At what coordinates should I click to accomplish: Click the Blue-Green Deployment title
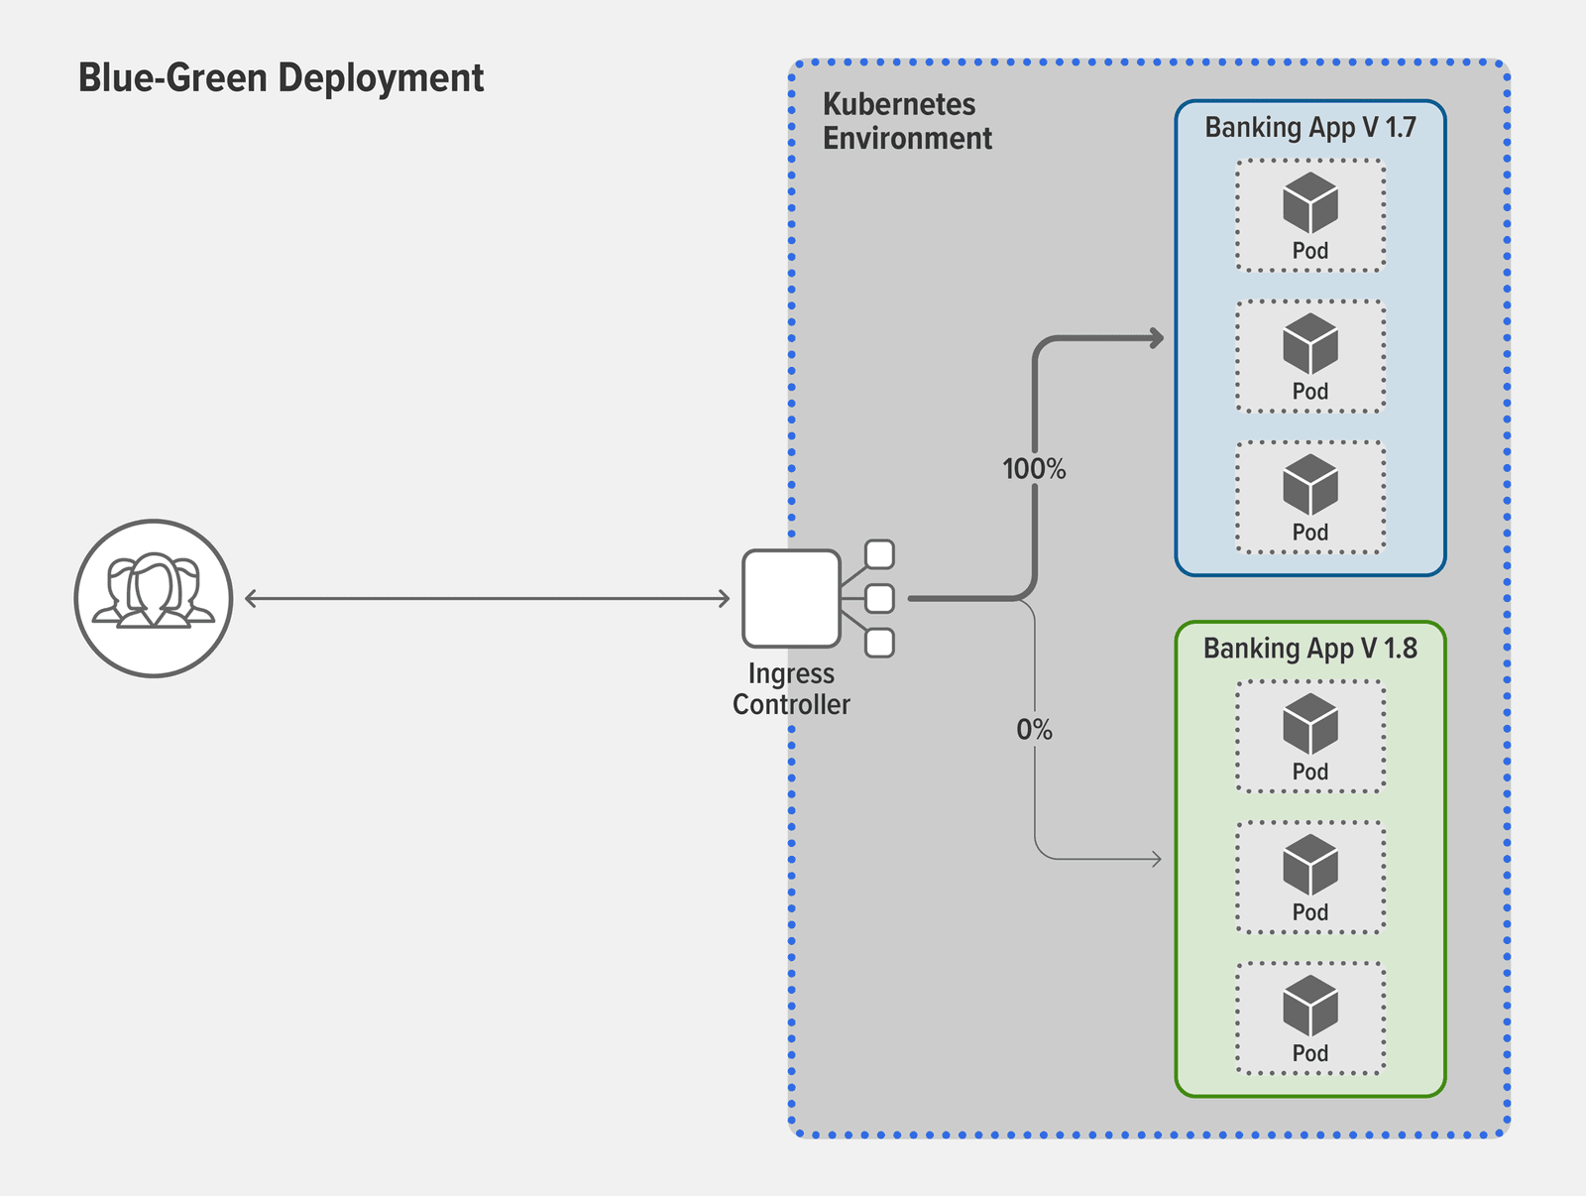[x=281, y=78]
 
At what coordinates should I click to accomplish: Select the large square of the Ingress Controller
[x=791, y=598]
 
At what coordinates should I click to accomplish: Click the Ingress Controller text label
[x=791, y=688]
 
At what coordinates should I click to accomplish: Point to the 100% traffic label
[x=1034, y=469]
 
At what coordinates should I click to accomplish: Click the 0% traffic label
[x=1034, y=730]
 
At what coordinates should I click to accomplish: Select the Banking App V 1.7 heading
[x=1309, y=128]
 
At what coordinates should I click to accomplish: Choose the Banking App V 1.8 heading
[x=1309, y=649]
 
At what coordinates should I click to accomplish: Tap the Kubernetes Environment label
[x=906, y=121]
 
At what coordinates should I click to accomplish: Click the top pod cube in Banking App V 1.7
[x=1309, y=202]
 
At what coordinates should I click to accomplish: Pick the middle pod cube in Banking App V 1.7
[x=1309, y=343]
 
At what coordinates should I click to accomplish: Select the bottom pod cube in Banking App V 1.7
[x=1309, y=484]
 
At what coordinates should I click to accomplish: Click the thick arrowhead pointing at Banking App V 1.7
[x=1157, y=338]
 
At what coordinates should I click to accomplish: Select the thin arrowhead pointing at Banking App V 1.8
[x=1156, y=858]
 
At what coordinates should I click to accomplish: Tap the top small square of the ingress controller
[x=879, y=554]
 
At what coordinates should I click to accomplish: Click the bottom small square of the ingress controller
[x=879, y=643]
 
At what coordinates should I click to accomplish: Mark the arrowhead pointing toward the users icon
[x=251, y=598]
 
